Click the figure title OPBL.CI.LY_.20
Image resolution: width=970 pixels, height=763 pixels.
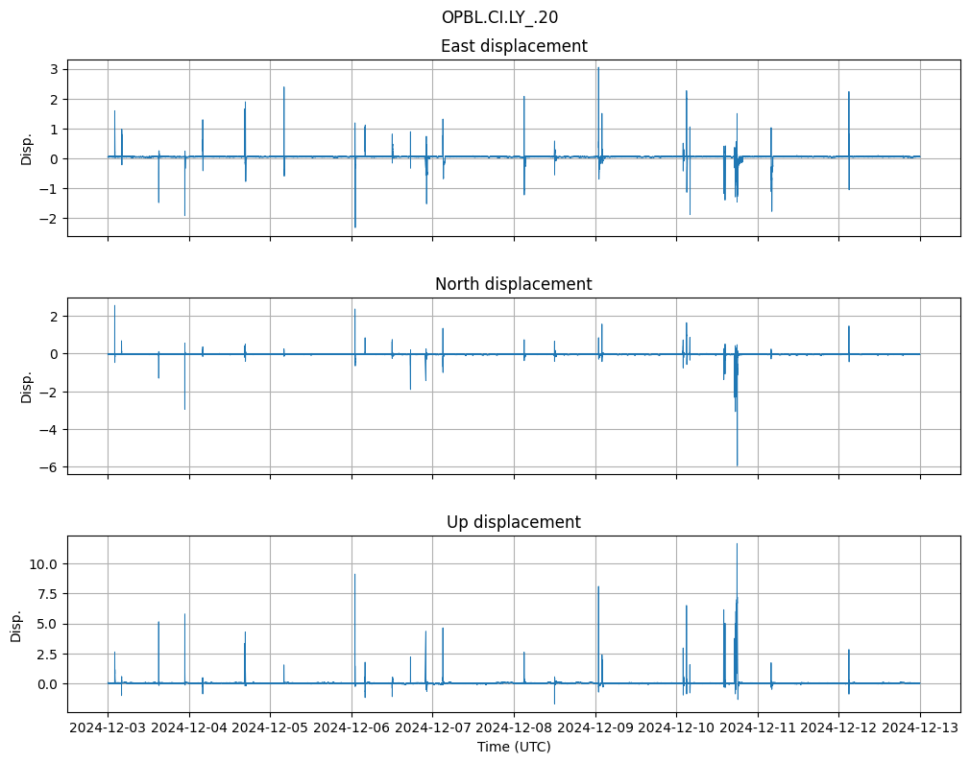coord(499,17)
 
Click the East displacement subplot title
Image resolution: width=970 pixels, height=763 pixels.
coord(514,46)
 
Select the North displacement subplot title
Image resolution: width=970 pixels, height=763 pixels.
coord(514,284)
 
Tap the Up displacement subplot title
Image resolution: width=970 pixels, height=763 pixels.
coord(514,522)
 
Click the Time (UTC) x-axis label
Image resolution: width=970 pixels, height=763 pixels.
coord(514,747)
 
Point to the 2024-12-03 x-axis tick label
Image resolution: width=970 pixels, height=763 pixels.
coord(108,728)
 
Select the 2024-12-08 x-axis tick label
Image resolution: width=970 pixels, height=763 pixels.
coord(514,728)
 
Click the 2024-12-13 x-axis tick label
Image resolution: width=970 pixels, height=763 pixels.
coord(920,728)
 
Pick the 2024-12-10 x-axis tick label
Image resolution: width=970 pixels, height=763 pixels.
coord(676,728)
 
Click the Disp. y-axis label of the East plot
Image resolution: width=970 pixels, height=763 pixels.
coord(27,148)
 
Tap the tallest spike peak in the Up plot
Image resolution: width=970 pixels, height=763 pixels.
coord(737,544)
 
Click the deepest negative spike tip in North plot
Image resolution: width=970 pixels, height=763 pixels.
coord(738,465)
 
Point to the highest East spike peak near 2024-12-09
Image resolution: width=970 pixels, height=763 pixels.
coord(597,67)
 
